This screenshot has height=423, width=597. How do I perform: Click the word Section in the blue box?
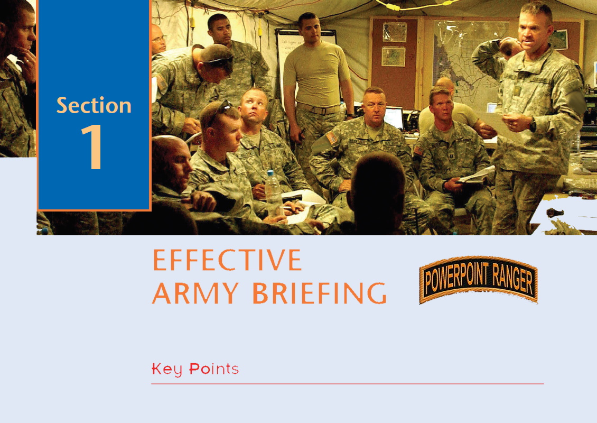(94, 105)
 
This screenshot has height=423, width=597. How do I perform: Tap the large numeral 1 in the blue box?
(92, 146)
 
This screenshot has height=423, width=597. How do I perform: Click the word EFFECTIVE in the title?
(227, 260)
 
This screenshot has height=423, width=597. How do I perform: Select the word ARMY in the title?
(195, 293)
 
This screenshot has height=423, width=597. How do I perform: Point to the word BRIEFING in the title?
(320, 293)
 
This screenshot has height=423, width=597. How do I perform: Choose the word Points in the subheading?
(214, 369)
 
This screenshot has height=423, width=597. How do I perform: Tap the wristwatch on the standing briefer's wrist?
(533, 125)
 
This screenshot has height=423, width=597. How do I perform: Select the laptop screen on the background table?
(393, 118)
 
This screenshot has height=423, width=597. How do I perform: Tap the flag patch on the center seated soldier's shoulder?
(331, 137)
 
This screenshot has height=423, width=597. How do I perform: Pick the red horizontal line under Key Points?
(348, 384)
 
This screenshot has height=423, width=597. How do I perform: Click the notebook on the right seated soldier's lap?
(476, 176)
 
